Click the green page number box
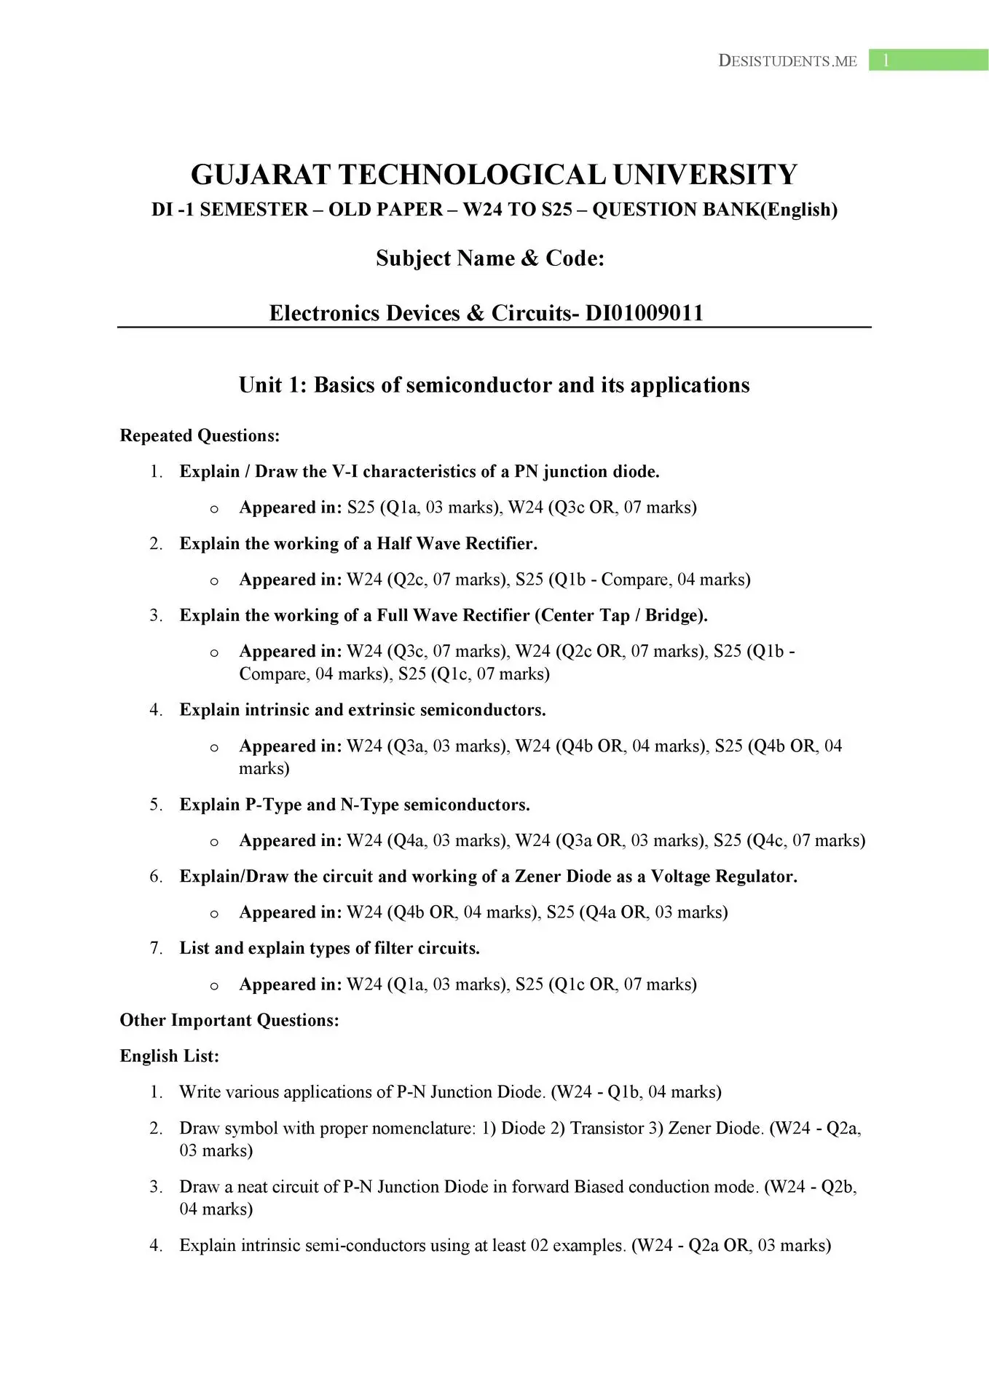pyautogui.click(x=928, y=60)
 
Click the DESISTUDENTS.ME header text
pyautogui.click(x=787, y=61)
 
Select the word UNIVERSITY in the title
pyautogui.click(x=705, y=175)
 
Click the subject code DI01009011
pyautogui.click(x=645, y=313)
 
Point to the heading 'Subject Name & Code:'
pyautogui.click(x=490, y=258)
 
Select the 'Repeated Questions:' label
pyautogui.click(x=200, y=435)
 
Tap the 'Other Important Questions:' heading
pyautogui.click(x=229, y=1020)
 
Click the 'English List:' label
pyautogui.click(x=170, y=1056)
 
